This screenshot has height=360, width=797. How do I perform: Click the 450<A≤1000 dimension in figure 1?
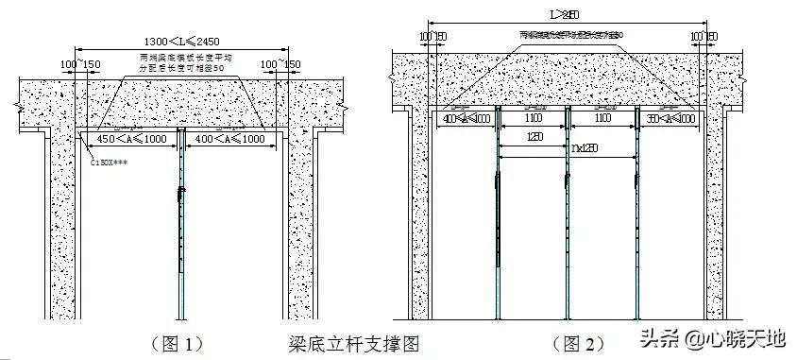click(126, 139)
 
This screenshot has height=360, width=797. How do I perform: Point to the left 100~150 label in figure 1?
click(80, 63)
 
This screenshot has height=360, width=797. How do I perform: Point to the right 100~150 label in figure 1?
click(285, 63)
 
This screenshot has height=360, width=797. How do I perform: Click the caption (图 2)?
click(579, 342)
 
